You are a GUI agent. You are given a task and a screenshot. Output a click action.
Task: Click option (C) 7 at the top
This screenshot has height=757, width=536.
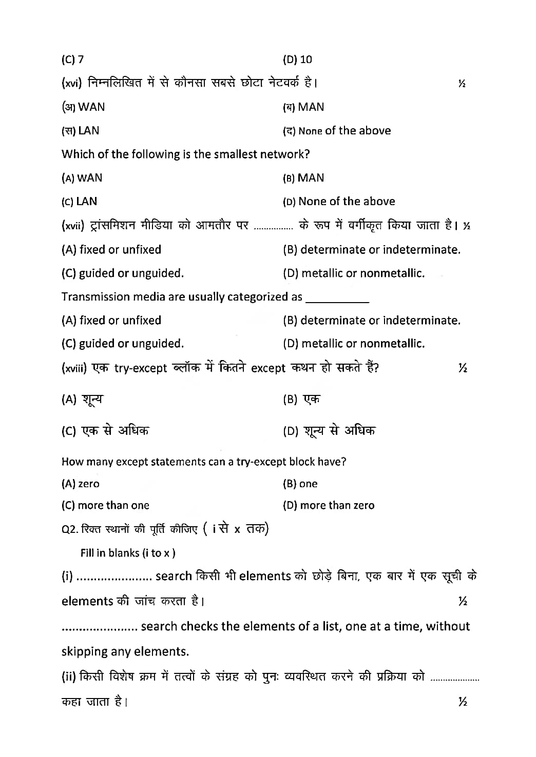point(72,59)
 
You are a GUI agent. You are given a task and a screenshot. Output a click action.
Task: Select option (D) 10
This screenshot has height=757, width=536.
point(297,59)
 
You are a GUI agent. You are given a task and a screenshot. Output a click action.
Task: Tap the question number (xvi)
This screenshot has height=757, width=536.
point(72,83)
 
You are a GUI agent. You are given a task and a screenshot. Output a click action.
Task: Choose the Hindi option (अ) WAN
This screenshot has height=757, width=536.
point(83,107)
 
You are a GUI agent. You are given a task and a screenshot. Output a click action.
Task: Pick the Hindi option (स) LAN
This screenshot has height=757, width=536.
point(81,131)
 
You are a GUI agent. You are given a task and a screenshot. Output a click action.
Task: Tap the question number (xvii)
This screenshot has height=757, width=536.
point(73,226)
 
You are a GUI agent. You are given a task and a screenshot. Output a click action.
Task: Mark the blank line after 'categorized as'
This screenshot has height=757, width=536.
point(337,298)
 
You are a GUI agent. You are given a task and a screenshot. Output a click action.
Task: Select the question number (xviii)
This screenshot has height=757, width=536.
point(74,369)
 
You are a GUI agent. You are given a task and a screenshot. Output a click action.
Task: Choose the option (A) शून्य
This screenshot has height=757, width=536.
point(82,400)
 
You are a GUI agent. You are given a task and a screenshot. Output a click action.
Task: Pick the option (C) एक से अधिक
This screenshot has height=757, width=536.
point(105,431)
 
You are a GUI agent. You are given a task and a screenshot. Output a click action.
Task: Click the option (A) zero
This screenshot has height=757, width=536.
point(81,484)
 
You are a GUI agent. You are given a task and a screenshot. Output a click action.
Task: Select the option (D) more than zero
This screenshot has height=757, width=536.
point(329,506)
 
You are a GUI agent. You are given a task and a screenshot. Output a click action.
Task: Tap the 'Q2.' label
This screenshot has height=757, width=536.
point(69,529)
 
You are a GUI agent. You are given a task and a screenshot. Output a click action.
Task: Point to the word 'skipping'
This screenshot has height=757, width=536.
point(83,652)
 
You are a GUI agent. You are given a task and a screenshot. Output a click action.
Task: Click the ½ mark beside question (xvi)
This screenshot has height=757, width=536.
point(462,84)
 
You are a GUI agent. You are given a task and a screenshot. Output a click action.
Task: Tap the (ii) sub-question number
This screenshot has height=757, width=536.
point(69,678)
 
